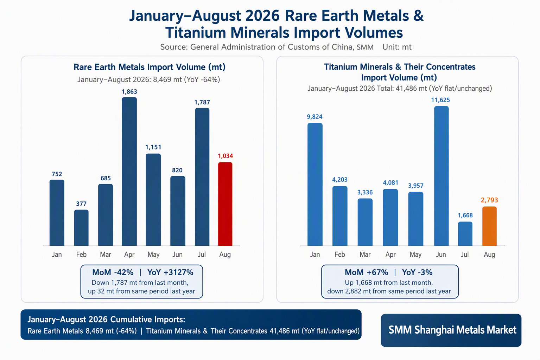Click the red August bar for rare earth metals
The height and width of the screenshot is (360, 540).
[x=225, y=204]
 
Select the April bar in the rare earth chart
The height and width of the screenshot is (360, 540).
[x=129, y=171]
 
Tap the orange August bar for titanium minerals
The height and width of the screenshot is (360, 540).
[x=489, y=226]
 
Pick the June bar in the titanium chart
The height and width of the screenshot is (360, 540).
[x=441, y=176]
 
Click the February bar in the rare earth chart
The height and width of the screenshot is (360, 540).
[x=81, y=228]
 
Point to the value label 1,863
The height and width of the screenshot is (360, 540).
[x=129, y=91]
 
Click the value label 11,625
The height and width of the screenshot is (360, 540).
[x=440, y=100]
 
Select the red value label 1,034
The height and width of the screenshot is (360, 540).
[x=225, y=156]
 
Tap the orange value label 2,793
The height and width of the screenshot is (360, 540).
[x=489, y=200]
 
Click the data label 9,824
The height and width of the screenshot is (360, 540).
[x=315, y=117]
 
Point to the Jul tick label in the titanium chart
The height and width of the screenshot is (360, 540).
[x=465, y=255]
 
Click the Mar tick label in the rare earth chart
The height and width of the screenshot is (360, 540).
[x=106, y=255]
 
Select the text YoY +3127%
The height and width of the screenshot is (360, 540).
[x=170, y=272]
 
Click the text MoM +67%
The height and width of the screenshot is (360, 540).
[x=367, y=272]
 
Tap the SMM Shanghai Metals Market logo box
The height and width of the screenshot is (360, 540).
[x=451, y=330]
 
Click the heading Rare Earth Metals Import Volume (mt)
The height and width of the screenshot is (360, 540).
[x=150, y=67]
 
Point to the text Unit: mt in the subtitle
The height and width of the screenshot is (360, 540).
[x=397, y=47]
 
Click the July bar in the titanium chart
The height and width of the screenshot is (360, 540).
[x=465, y=234]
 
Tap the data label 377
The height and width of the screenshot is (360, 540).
[x=81, y=204]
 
